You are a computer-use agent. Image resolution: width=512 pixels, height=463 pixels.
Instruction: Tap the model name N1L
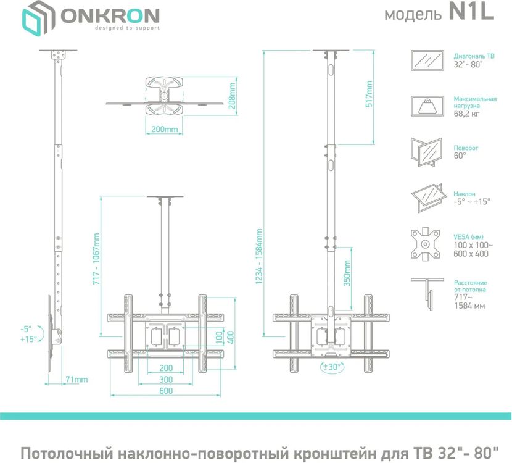(472, 14)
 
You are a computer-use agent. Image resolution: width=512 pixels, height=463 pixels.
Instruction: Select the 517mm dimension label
(369, 94)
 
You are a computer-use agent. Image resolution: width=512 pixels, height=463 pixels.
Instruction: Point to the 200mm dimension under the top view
(164, 130)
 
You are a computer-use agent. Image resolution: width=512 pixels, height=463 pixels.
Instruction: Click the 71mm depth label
(77, 379)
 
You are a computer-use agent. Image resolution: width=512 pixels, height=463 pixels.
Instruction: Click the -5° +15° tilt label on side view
(28, 333)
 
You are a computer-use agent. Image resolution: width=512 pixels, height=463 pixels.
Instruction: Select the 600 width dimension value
(165, 391)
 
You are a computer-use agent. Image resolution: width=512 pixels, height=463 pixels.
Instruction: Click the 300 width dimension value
(165, 378)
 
